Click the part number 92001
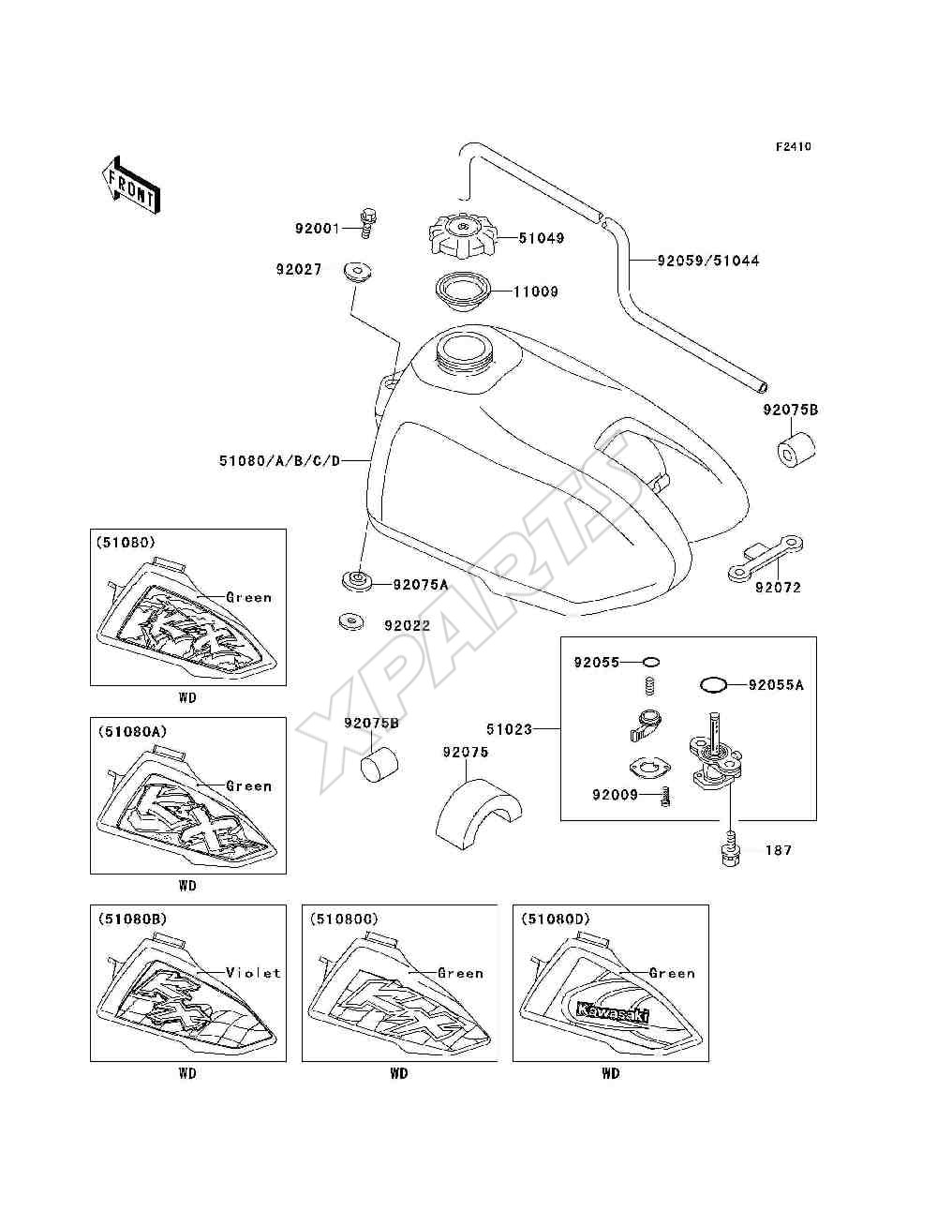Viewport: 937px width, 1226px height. (x=317, y=229)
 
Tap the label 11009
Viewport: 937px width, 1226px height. (x=536, y=291)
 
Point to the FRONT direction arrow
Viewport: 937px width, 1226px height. (x=131, y=186)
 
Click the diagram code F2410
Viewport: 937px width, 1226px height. (x=793, y=147)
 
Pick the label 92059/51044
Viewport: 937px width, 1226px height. (x=707, y=261)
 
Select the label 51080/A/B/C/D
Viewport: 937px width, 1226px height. (x=279, y=461)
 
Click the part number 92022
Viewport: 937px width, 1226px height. (x=407, y=625)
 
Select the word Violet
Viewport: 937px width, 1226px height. (x=254, y=972)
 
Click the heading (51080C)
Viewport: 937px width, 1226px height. (x=344, y=919)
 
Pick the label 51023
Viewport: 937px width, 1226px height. (x=509, y=729)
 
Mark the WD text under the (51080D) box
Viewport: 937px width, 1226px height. (x=611, y=1073)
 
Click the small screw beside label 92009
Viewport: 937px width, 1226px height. (x=664, y=796)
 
